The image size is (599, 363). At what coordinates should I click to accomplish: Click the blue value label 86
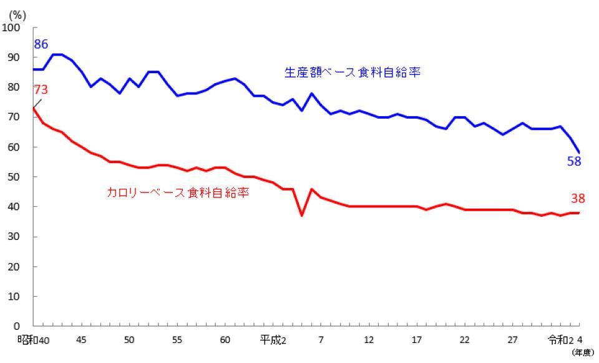pos(41,45)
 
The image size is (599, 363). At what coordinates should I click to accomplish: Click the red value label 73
pos(40,89)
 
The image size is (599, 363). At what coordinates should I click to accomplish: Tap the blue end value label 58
pos(574,161)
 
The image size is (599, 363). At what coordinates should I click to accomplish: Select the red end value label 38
pos(577,199)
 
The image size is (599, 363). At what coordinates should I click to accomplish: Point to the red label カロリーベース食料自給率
pos(178,193)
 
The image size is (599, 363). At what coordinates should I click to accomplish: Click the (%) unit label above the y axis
pos(17,15)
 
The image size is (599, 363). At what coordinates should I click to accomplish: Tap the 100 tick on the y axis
pos(13,27)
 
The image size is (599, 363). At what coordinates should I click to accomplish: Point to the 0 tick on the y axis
pos(17,326)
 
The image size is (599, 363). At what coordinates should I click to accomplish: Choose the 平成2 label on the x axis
pos(273,340)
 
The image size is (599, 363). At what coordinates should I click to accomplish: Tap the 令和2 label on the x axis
pos(560,340)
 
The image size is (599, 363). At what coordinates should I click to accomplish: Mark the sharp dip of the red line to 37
pos(302,216)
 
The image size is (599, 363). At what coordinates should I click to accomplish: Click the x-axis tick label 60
pos(225,340)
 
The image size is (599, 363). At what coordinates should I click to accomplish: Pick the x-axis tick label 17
pos(416,340)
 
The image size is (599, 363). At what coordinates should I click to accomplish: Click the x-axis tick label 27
pos(512,340)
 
